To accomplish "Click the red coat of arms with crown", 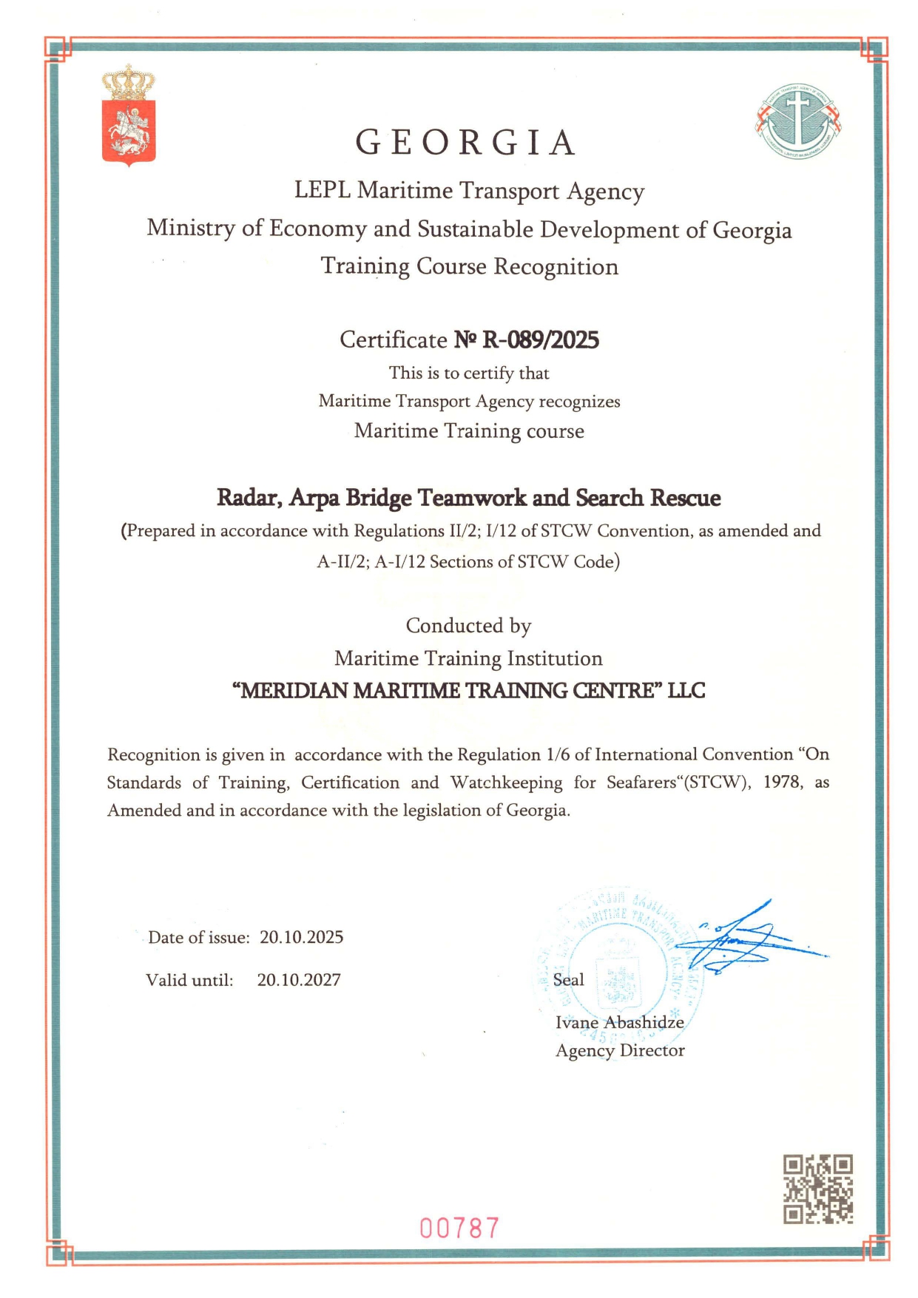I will (129, 116).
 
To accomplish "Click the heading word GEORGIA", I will (465, 143).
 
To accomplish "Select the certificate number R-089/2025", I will (540, 340).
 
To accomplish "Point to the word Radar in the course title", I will (249, 498).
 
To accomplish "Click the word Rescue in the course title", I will (685, 498).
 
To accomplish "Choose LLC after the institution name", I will (686, 691).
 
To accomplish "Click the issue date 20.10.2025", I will (301, 938).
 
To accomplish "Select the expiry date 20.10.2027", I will (299, 980).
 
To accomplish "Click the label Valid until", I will (189, 980).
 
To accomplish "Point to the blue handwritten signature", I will (747, 939).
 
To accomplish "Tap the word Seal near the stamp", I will (568, 980).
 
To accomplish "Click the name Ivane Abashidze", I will (619, 1022).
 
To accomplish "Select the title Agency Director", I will (620, 1050).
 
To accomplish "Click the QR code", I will (818, 1189).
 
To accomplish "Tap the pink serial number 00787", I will (459, 1228).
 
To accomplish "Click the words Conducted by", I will (468, 626).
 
